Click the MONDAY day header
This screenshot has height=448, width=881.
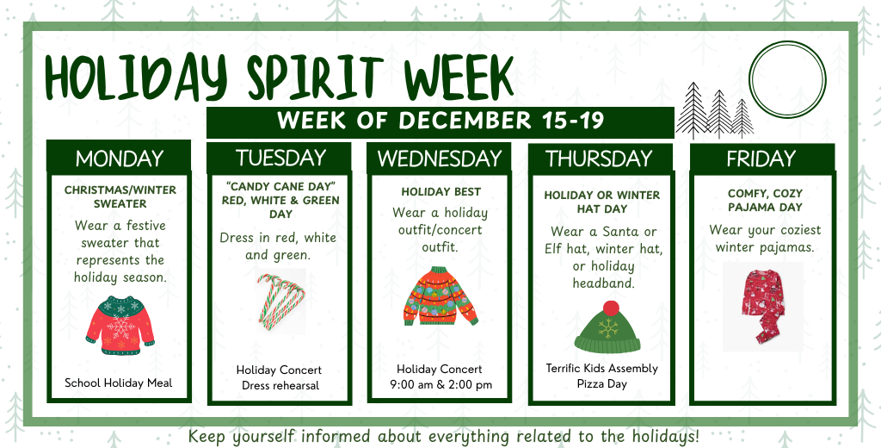coord(119,159)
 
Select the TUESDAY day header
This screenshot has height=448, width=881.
coord(280,158)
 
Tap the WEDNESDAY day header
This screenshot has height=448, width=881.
coord(439,159)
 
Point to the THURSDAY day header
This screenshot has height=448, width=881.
coord(599,159)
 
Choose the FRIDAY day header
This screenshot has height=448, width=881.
coord(761,159)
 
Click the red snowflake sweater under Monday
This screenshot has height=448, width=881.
coord(120,325)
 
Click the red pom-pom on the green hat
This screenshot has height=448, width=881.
coord(611,308)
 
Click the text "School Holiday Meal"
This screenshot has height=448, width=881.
coord(119,383)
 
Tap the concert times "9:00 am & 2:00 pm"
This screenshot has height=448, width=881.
coord(440,385)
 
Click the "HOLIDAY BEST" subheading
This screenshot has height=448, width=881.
coord(440,191)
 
